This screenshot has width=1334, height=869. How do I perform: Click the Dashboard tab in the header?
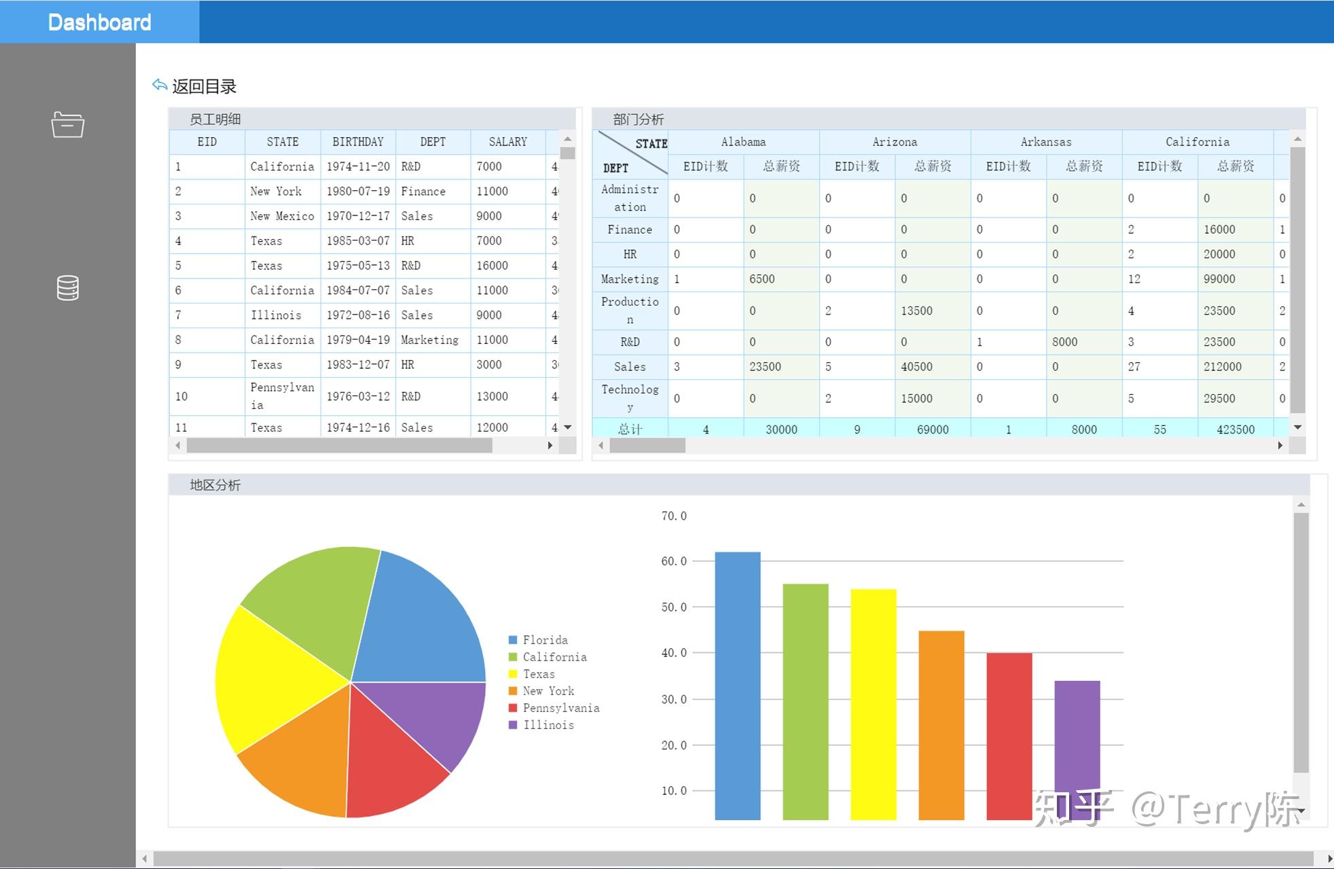point(99,22)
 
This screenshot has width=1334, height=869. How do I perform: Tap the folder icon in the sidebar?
point(68,124)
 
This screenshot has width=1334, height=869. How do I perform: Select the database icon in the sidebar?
point(68,288)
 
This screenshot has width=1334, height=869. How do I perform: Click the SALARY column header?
point(507,142)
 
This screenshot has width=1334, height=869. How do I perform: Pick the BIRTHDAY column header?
point(358,142)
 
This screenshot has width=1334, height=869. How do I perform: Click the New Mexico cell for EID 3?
point(282,216)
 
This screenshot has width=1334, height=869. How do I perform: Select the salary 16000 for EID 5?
point(492,266)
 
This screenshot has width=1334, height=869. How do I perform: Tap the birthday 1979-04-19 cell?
point(358,340)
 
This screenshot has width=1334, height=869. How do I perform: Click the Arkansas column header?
point(1046,142)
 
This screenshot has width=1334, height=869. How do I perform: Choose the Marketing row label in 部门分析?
point(630,279)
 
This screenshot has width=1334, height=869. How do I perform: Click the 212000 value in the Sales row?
point(1222,367)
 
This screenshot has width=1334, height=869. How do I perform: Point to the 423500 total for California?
point(1235,429)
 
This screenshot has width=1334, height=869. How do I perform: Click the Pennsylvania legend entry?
point(560,708)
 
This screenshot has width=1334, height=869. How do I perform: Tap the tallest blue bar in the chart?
point(738,686)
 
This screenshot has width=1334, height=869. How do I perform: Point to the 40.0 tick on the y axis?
point(674,653)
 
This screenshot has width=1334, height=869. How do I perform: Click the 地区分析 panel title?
point(215,485)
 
